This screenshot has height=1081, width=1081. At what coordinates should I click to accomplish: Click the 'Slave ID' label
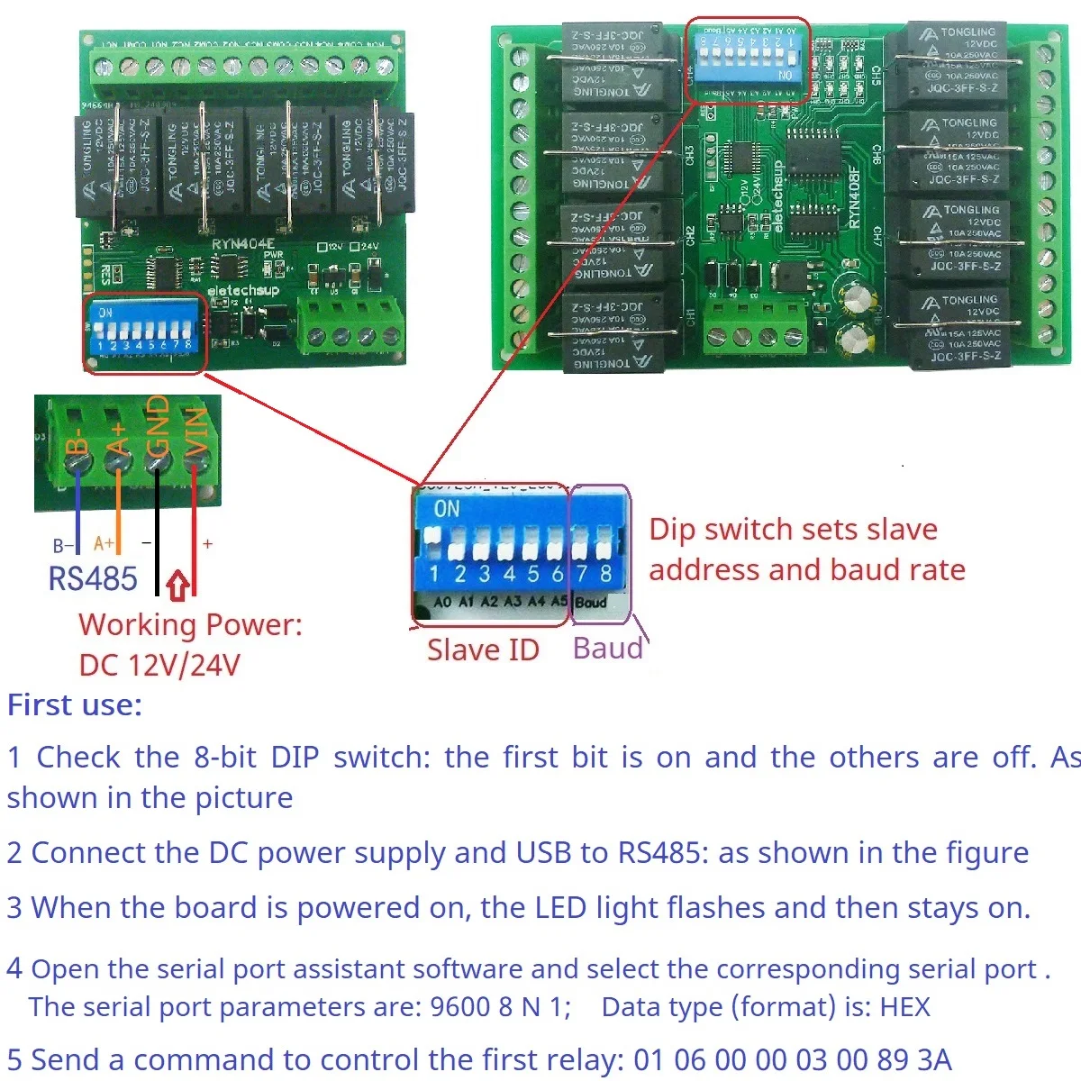[x=482, y=650]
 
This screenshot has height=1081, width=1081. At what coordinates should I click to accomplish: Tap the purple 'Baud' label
[x=608, y=648]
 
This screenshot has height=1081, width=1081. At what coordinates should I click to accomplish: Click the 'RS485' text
[x=93, y=578]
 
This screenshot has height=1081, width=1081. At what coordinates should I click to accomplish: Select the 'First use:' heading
[x=75, y=704]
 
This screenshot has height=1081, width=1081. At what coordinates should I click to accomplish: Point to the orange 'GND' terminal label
[x=157, y=426]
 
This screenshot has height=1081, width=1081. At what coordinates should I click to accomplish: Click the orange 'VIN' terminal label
[x=195, y=431]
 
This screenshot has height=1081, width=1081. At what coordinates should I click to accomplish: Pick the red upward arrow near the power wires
[x=178, y=586]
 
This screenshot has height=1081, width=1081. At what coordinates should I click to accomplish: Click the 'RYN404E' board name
[x=242, y=244]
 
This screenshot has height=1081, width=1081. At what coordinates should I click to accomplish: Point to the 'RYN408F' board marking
[x=854, y=198]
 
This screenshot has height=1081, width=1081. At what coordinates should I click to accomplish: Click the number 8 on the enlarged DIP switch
[x=605, y=574]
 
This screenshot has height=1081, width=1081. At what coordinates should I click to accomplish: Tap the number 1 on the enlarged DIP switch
[x=434, y=574]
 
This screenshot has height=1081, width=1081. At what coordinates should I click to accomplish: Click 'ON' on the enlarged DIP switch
[x=446, y=509]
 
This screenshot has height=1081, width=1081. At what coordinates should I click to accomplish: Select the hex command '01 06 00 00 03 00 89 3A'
[x=792, y=1059]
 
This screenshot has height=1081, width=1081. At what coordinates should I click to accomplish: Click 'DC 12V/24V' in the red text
[x=159, y=665]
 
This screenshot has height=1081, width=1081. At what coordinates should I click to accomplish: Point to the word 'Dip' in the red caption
[x=672, y=530]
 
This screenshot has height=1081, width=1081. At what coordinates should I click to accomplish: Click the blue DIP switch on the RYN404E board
[x=144, y=330]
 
